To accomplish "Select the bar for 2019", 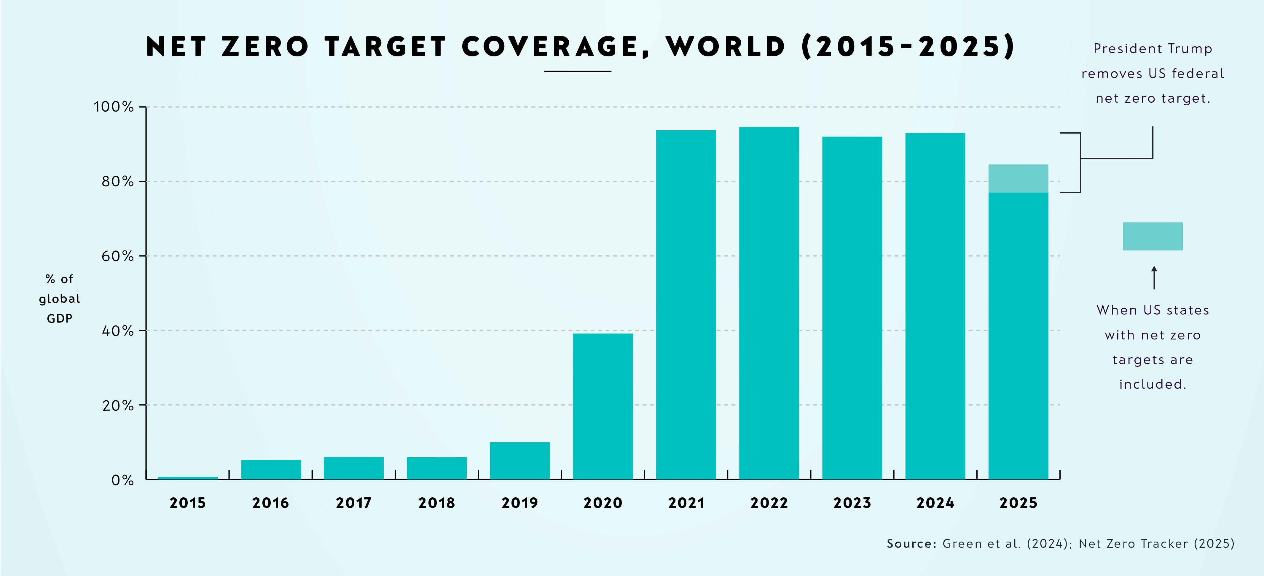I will [520, 461].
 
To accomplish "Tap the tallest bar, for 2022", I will [769, 303].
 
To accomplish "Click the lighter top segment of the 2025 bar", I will [1018, 178].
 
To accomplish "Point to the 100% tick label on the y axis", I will [114, 107].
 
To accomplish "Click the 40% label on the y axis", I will [118, 331].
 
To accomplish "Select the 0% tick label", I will [123, 480].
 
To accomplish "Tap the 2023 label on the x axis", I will [852, 503].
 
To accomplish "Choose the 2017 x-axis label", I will [353, 503].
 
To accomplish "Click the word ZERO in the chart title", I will [265, 47].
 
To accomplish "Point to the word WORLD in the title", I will [725, 47].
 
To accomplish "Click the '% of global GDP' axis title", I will [59, 299].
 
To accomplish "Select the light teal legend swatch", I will [1152, 236].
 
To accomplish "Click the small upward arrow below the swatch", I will [1154, 277].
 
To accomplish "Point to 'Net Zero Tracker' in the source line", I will [1134, 544].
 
